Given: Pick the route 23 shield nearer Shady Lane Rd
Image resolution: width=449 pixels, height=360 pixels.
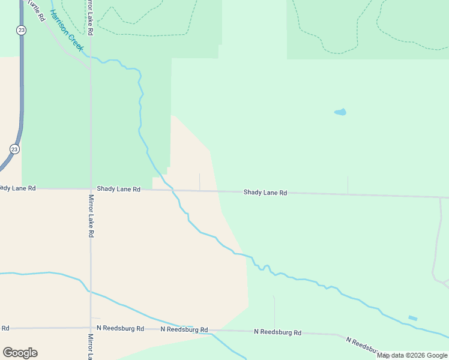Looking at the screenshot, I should (x=14, y=149).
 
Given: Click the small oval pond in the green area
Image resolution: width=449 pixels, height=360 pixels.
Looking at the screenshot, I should (x=340, y=112).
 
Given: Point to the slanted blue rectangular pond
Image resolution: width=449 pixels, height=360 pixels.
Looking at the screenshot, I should (x=412, y=318).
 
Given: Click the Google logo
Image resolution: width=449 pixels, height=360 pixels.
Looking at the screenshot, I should (x=20, y=353).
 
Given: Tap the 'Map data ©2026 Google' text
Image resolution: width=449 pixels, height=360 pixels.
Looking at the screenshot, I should (x=412, y=355).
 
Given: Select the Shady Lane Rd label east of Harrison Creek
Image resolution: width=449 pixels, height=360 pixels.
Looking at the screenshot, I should (x=265, y=193).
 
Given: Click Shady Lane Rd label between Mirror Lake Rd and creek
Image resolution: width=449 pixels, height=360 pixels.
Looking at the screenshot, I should (x=118, y=189).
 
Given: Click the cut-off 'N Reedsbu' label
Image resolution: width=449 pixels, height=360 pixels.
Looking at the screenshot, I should (x=361, y=345).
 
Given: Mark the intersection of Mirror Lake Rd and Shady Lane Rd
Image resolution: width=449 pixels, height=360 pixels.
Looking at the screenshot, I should (x=91, y=189).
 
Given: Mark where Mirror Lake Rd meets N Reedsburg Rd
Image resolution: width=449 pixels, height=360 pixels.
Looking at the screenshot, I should (x=91, y=328).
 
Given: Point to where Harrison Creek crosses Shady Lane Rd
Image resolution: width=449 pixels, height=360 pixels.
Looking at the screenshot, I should (x=173, y=191).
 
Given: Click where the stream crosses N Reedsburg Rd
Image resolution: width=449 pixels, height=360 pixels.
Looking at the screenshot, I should (x=212, y=331).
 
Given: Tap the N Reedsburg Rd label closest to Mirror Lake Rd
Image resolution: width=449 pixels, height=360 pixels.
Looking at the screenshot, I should (x=123, y=329).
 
